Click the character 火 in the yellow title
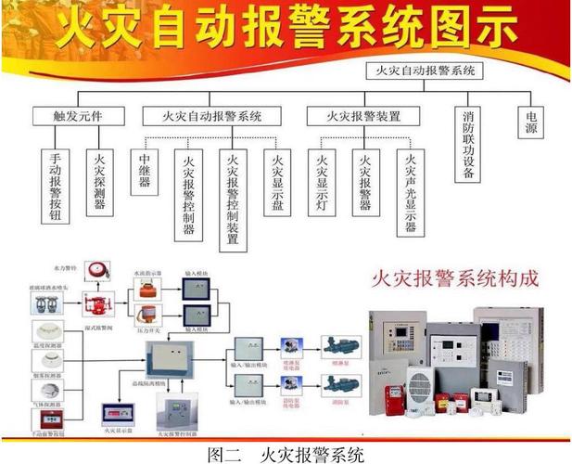click(75, 31)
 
